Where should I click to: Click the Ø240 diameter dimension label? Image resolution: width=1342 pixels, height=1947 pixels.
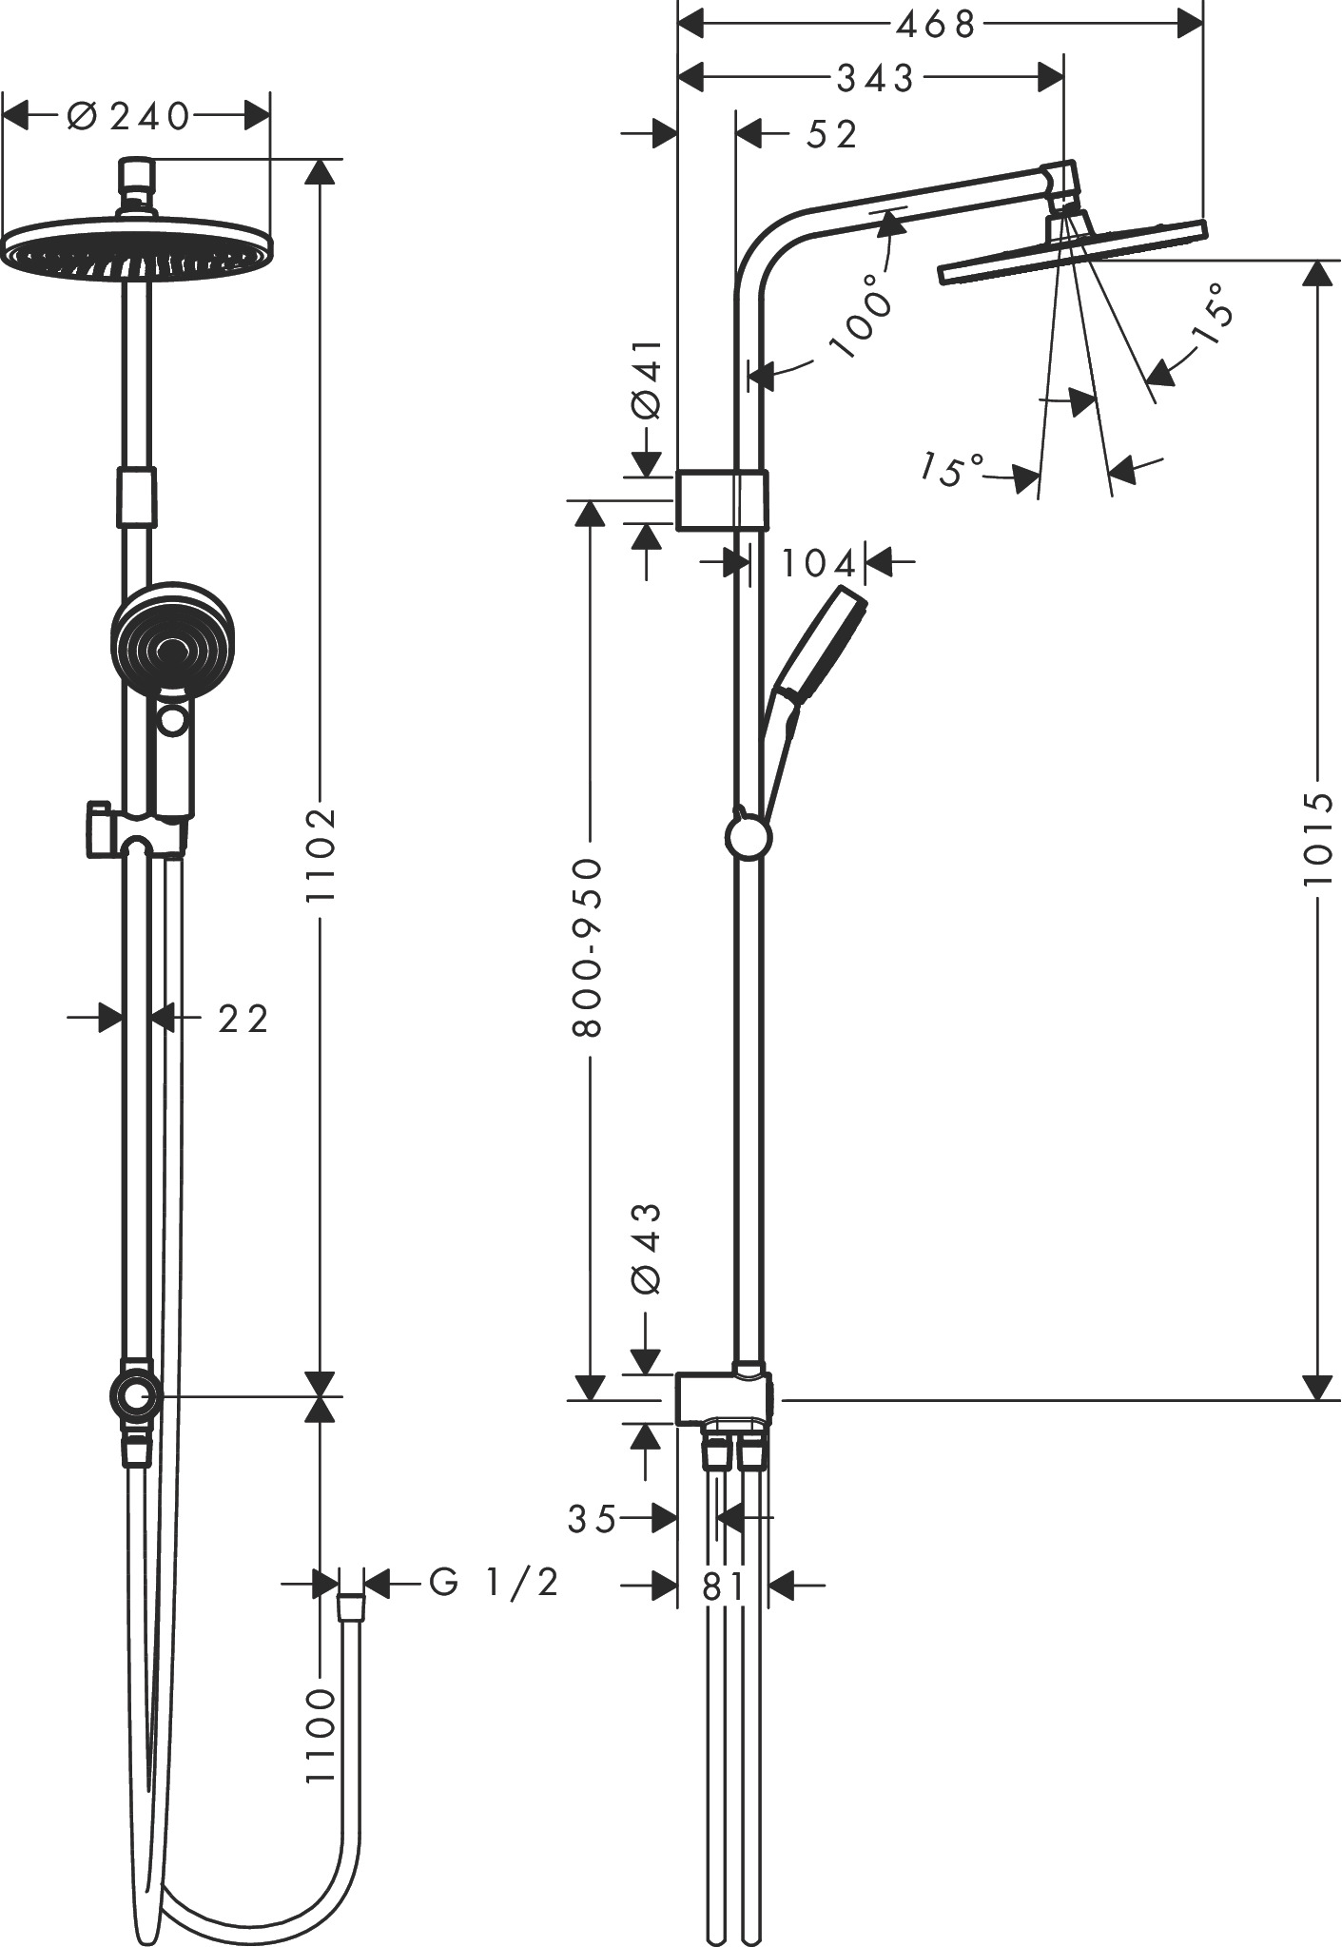click(129, 117)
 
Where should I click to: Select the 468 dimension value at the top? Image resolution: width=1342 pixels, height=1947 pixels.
click(936, 25)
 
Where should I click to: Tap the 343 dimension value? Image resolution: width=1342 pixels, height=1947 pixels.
click(875, 79)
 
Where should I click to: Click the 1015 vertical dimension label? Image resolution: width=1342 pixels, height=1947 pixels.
click(1319, 838)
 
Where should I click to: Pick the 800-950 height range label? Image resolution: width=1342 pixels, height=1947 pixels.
click(590, 946)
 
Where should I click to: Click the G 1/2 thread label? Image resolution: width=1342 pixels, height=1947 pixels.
click(494, 1582)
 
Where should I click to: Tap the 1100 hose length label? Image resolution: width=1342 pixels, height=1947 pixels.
click(321, 1736)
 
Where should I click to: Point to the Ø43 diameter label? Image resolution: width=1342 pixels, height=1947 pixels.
click(646, 1248)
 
